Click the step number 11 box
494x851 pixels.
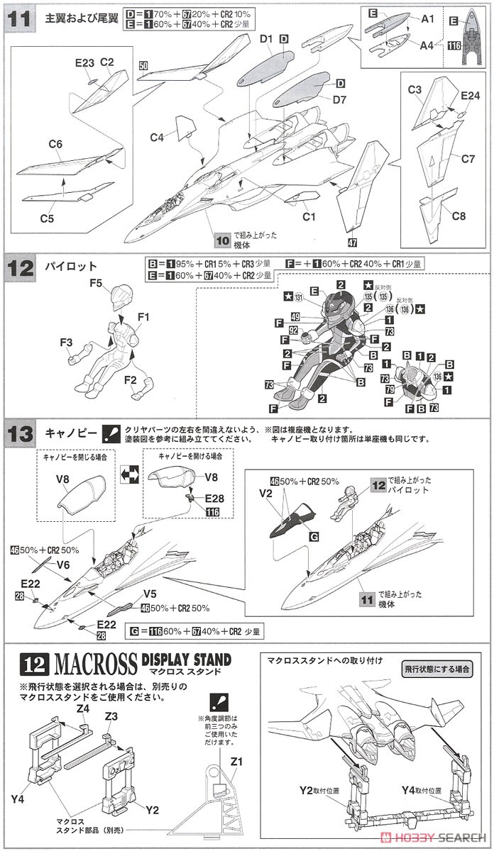click(19, 19)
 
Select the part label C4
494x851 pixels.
click(158, 136)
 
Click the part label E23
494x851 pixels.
click(84, 63)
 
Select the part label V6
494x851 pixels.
click(63, 564)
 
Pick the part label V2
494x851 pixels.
click(267, 493)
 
